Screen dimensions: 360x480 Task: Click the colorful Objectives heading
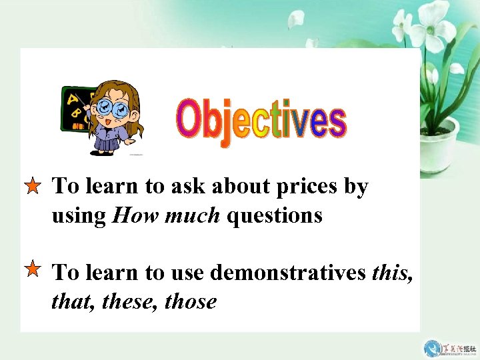tap(261, 122)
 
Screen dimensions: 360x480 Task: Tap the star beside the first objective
tap(32, 187)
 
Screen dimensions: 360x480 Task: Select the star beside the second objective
tap(32, 269)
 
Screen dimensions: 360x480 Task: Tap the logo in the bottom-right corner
tap(450, 348)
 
